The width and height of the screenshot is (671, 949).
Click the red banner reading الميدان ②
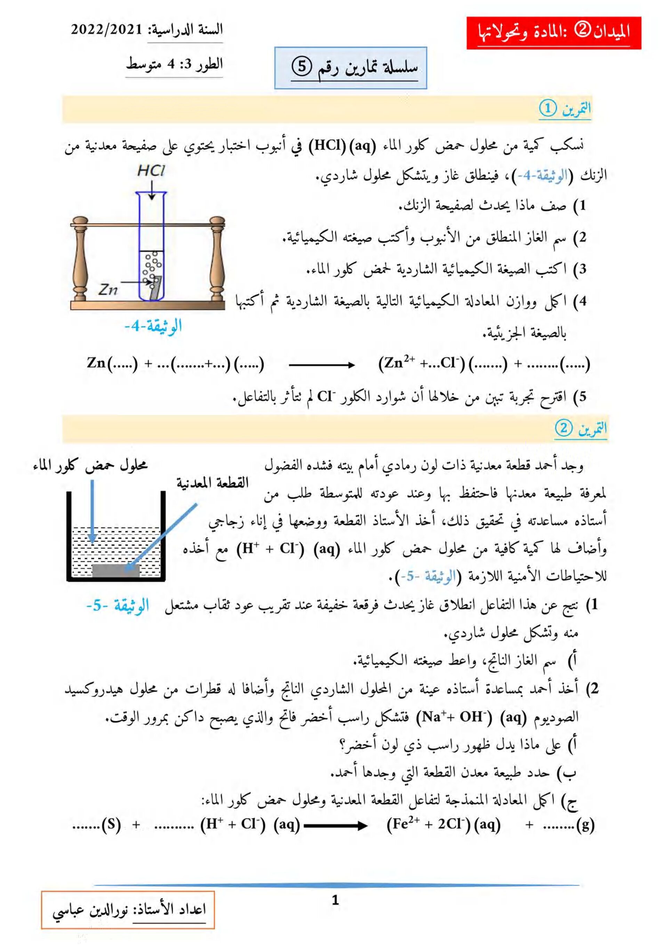(553, 33)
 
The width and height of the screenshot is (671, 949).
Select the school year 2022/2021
(106, 30)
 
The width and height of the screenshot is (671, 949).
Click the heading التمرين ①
(565, 109)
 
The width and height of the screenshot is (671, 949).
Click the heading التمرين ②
(581, 428)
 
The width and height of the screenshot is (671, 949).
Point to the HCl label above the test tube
(151, 171)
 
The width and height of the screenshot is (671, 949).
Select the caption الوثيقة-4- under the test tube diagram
(153, 326)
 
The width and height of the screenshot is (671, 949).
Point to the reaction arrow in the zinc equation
(321, 365)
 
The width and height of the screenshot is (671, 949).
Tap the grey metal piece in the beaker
(115, 571)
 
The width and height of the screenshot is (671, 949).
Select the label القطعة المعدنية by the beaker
(212, 483)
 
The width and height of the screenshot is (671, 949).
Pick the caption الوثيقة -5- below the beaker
(118, 606)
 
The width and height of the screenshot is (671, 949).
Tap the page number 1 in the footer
(335, 900)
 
